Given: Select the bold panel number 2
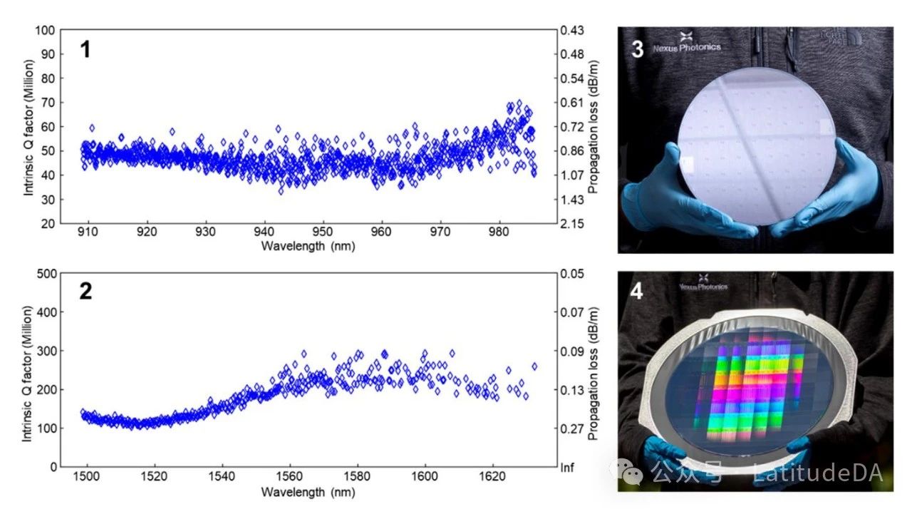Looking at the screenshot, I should pyautogui.click(x=85, y=292).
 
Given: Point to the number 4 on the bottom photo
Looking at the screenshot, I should pyautogui.click(x=637, y=292).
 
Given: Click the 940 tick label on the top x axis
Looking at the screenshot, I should pyautogui.click(x=264, y=232).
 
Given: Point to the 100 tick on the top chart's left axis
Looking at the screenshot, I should pyautogui.click(x=46, y=31).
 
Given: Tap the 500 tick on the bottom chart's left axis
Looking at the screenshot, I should pyautogui.click(x=46, y=274).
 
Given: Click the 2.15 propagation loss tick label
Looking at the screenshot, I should pyautogui.click(x=573, y=224).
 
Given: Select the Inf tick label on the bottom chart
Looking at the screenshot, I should pyautogui.click(x=568, y=468).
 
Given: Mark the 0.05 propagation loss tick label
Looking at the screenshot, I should pyautogui.click(x=573, y=274).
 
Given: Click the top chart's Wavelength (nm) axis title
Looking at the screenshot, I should pyautogui.click(x=308, y=247).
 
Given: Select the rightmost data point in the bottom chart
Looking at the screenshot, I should pyautogui.click(x=534, y=366).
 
